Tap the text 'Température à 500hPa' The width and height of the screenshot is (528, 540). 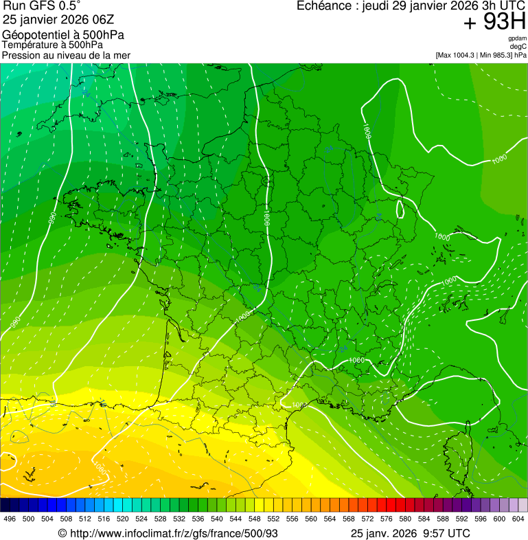click(53, 45)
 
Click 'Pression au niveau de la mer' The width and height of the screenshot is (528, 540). click(67, 55)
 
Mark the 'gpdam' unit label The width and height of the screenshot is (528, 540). click(517, 38)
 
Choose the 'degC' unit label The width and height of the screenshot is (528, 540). click(518, 46)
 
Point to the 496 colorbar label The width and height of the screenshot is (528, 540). click(10, 519)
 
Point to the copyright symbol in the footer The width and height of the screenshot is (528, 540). click(62, 533)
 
